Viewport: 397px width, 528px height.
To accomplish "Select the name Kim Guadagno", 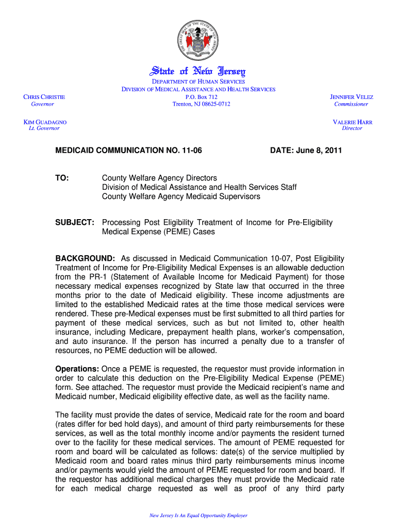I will pyautogui.click(x=45, y=122).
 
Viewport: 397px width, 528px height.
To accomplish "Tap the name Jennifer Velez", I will pyautogui.click(x=351, y=97).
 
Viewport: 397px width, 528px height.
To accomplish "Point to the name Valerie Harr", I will pyautogui.click(x=353, y=122).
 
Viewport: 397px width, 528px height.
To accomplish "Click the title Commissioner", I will pyautogui.click(x=351, y=104).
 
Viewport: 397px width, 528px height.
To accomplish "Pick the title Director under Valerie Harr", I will pyautogui.click(x=352, y=128).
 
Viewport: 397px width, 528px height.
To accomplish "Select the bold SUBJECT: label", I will pyautogui.click(x=75, y=223).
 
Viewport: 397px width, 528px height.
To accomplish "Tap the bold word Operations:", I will pyautogui.click(x=77, y=369).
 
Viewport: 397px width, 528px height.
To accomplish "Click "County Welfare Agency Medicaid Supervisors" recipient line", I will pyautogui.click(x=181, y=197).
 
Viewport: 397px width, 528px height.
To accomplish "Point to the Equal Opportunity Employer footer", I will pyautogui.click(x=198, y=515).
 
